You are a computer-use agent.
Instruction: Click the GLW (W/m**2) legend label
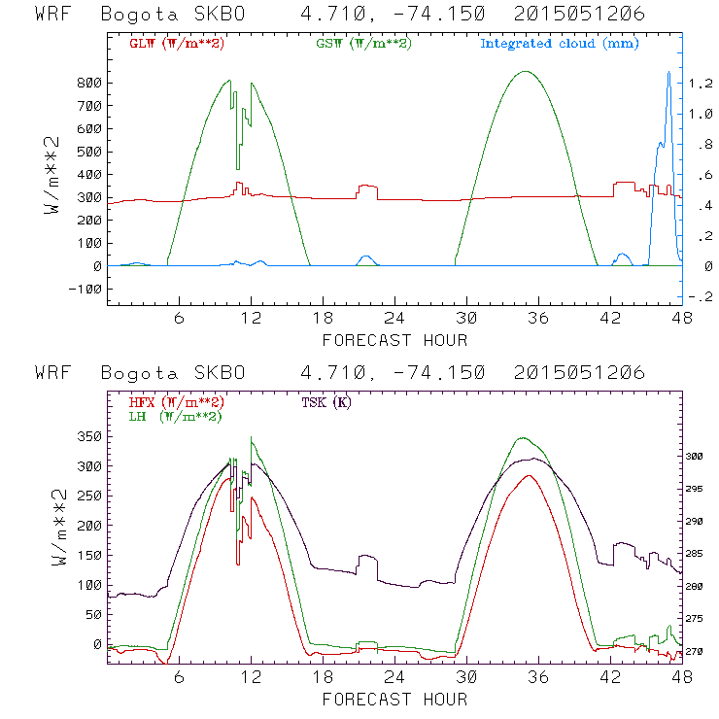(x=172, y=44)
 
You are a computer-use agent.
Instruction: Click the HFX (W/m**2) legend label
(x=172, y=402)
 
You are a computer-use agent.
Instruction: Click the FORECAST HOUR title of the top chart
(x=394, y=340)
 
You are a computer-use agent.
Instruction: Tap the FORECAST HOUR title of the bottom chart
(x=394, y=700)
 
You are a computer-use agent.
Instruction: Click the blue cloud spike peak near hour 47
(x=668, y=73)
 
